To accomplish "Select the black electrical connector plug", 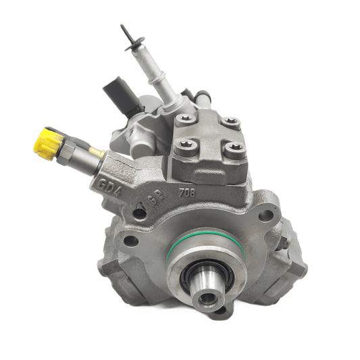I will pyautogui.click(x=115, y=95).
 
